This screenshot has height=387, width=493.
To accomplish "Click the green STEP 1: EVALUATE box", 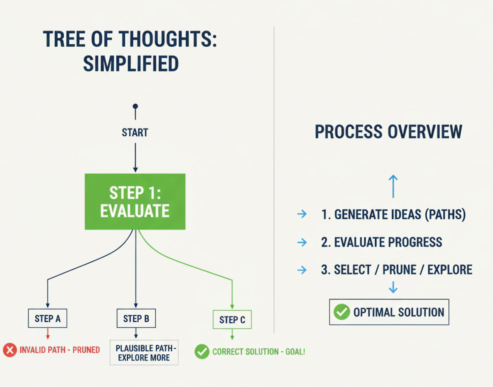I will pos(135,201).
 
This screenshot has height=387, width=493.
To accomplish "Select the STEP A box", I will pos(47,318).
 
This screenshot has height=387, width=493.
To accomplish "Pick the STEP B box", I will pos(136,318).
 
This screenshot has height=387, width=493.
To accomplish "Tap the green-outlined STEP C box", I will pos(232,320).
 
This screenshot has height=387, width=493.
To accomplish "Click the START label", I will pos(135,132).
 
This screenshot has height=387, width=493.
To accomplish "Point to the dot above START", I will pos(135,106).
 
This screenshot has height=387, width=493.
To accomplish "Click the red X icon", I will pos(10,350).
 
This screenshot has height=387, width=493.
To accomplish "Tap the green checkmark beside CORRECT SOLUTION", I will pos(202,352).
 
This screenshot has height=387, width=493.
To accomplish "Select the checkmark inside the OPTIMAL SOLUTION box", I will pos(342,312).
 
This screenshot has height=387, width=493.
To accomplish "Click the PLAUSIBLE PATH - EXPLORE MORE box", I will pos(144,352).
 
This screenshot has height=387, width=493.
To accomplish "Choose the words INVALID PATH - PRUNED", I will pos(60,350).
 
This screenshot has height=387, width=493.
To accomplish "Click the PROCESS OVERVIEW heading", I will pos(388,132).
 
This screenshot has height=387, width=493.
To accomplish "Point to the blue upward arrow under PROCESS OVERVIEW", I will pos(393,186).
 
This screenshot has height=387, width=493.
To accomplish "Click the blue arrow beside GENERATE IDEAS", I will pos(302,214).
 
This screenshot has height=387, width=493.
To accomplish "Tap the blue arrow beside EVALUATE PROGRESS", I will pos(302,242).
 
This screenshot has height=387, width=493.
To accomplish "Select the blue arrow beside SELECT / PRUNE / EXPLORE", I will pos(302,270).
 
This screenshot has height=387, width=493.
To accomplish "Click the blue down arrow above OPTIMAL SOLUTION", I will pos(393,287).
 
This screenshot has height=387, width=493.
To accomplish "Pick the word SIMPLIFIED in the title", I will pos(131,64).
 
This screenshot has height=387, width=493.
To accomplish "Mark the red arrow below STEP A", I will pos(48,333).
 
